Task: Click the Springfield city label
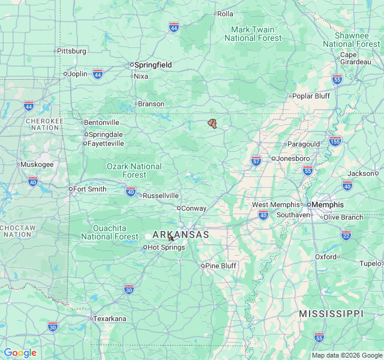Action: point(153,65)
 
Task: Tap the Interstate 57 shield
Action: point(256,160)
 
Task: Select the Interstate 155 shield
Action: point(335,141)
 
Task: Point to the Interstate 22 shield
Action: point(346,234)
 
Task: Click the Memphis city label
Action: point(328,205)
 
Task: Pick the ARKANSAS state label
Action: point(181,235)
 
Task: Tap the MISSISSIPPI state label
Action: point(331,314)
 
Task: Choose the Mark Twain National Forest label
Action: point(253,34)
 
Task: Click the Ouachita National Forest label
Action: point(110,232)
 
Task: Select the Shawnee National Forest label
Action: point(351,40)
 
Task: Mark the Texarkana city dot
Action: point(91,319)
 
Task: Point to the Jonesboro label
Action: point(293,158)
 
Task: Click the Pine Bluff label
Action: point(221,266)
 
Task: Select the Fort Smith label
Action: point(89,189)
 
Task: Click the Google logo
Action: point(20,353)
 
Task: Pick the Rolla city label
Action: point(225,14)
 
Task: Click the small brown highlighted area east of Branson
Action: point(212,123)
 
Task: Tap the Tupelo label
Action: point(370,263)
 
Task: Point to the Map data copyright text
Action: point(347,355)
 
